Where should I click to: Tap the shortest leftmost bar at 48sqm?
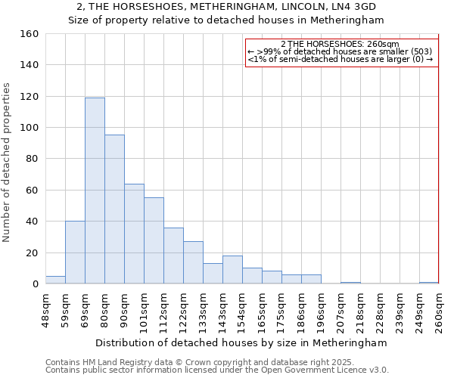click(55, 280)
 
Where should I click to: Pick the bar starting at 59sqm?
click(75, 253)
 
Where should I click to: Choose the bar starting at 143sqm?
click(232, 270)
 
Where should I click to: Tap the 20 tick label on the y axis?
click(33, 253)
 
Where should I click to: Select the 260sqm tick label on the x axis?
click(439, 311)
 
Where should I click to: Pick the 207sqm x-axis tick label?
click(340, 311)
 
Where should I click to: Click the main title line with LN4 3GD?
click(227, 7)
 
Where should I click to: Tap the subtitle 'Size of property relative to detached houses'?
click(227, 20)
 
